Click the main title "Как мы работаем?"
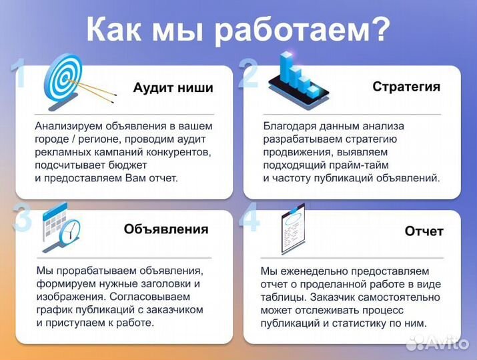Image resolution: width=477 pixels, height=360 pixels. pos(238,30)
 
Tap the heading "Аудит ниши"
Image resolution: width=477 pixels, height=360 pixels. pos(173,88)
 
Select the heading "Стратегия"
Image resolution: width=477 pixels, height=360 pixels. pos(406,87)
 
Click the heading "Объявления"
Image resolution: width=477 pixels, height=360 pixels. pos(165,229)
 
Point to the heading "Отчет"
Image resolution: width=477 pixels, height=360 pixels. pos(424,231)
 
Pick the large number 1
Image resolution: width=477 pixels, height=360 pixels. pos(20,75)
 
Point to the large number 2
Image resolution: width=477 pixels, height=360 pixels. pos(248,75)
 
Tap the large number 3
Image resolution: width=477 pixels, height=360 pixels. pos(22,220)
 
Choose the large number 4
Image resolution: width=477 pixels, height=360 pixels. pos(250,220)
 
